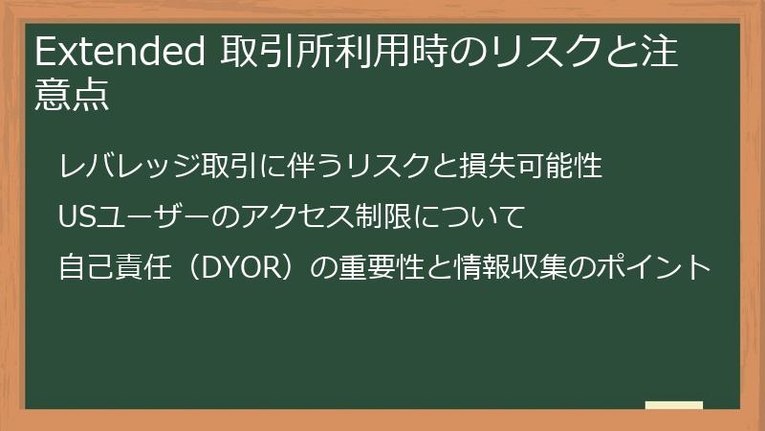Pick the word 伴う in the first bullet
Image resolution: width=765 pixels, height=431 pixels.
(x=296, y=165)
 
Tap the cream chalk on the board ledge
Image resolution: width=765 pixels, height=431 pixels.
(x=673, y=405)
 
